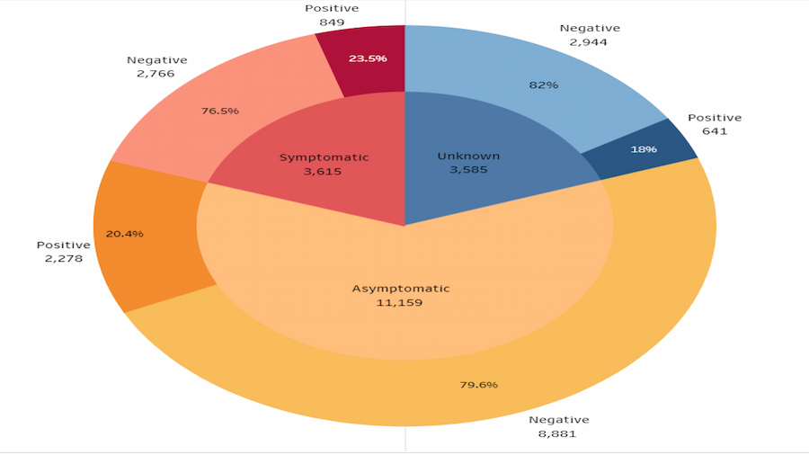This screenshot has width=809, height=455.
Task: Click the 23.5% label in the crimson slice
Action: click(368, 58)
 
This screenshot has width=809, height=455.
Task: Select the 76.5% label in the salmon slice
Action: click(220, 112)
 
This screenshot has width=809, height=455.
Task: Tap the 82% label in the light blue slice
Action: click(544, 85)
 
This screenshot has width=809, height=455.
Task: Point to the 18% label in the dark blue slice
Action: click(643, 148)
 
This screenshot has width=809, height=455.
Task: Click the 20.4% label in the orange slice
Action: click(124, 234)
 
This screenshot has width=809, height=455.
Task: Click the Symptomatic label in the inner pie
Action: click(324, 157)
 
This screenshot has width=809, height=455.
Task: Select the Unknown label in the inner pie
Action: click(468, 156)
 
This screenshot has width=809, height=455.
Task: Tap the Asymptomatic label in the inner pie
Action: click(400, 289)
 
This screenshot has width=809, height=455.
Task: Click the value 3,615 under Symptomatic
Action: click(324, 171)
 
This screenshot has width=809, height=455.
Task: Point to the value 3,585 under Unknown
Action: click(468, 169)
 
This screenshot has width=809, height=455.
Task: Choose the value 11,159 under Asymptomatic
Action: click(400, 302)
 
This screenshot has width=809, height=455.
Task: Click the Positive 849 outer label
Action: click(332, 15)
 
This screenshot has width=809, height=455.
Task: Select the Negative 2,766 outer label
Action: click(157, 67)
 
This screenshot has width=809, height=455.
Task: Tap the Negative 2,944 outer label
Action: click(589, 34)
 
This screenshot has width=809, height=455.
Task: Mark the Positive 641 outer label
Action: click(715, 124)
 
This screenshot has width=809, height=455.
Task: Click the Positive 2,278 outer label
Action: click(63, 252)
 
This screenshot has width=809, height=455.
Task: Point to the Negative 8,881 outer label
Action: click(558, 426)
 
